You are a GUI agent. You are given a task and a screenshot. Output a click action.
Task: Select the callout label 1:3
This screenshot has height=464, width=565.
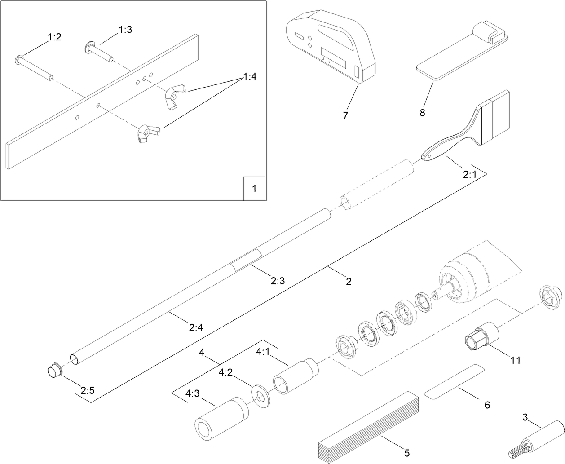click(125, 30)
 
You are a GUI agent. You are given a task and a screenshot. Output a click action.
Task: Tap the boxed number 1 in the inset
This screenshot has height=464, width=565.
click(254, 189)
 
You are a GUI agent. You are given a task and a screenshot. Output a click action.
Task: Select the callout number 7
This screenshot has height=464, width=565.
click(345, 115)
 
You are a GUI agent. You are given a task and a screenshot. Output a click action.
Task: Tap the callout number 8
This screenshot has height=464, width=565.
click(422, 113)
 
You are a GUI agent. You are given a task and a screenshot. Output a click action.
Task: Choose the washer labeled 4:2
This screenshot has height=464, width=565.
click(261, 396)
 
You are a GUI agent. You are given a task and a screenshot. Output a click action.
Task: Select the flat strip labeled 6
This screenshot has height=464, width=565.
click(455, 381)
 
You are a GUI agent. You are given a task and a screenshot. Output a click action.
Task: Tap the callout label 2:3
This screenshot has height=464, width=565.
click(278, 281)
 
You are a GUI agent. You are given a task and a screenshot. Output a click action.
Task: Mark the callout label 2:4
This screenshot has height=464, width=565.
click(196, 328)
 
